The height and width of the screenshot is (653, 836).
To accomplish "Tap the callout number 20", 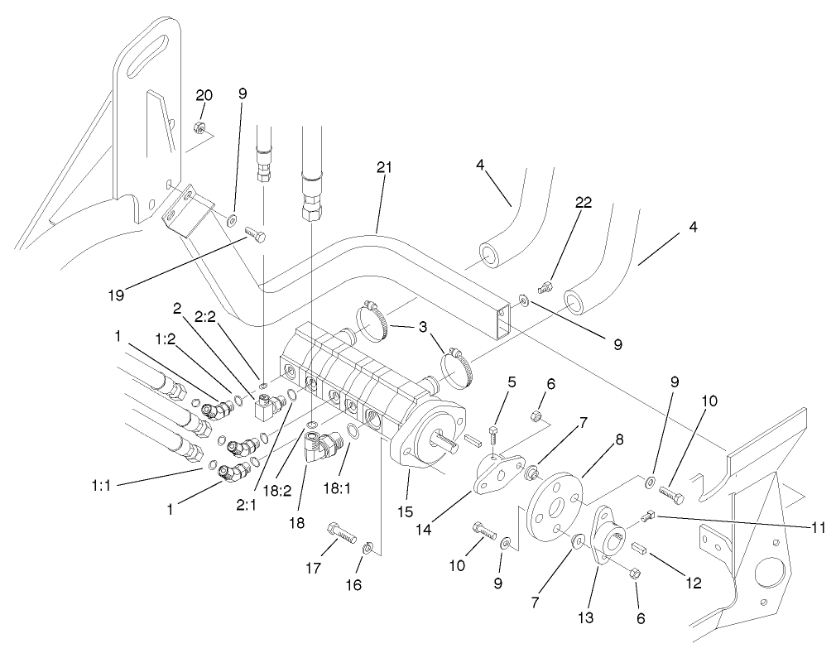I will point(204,95).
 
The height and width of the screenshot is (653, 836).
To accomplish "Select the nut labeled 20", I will point(199,127).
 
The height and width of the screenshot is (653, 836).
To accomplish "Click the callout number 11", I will point(817,526).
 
